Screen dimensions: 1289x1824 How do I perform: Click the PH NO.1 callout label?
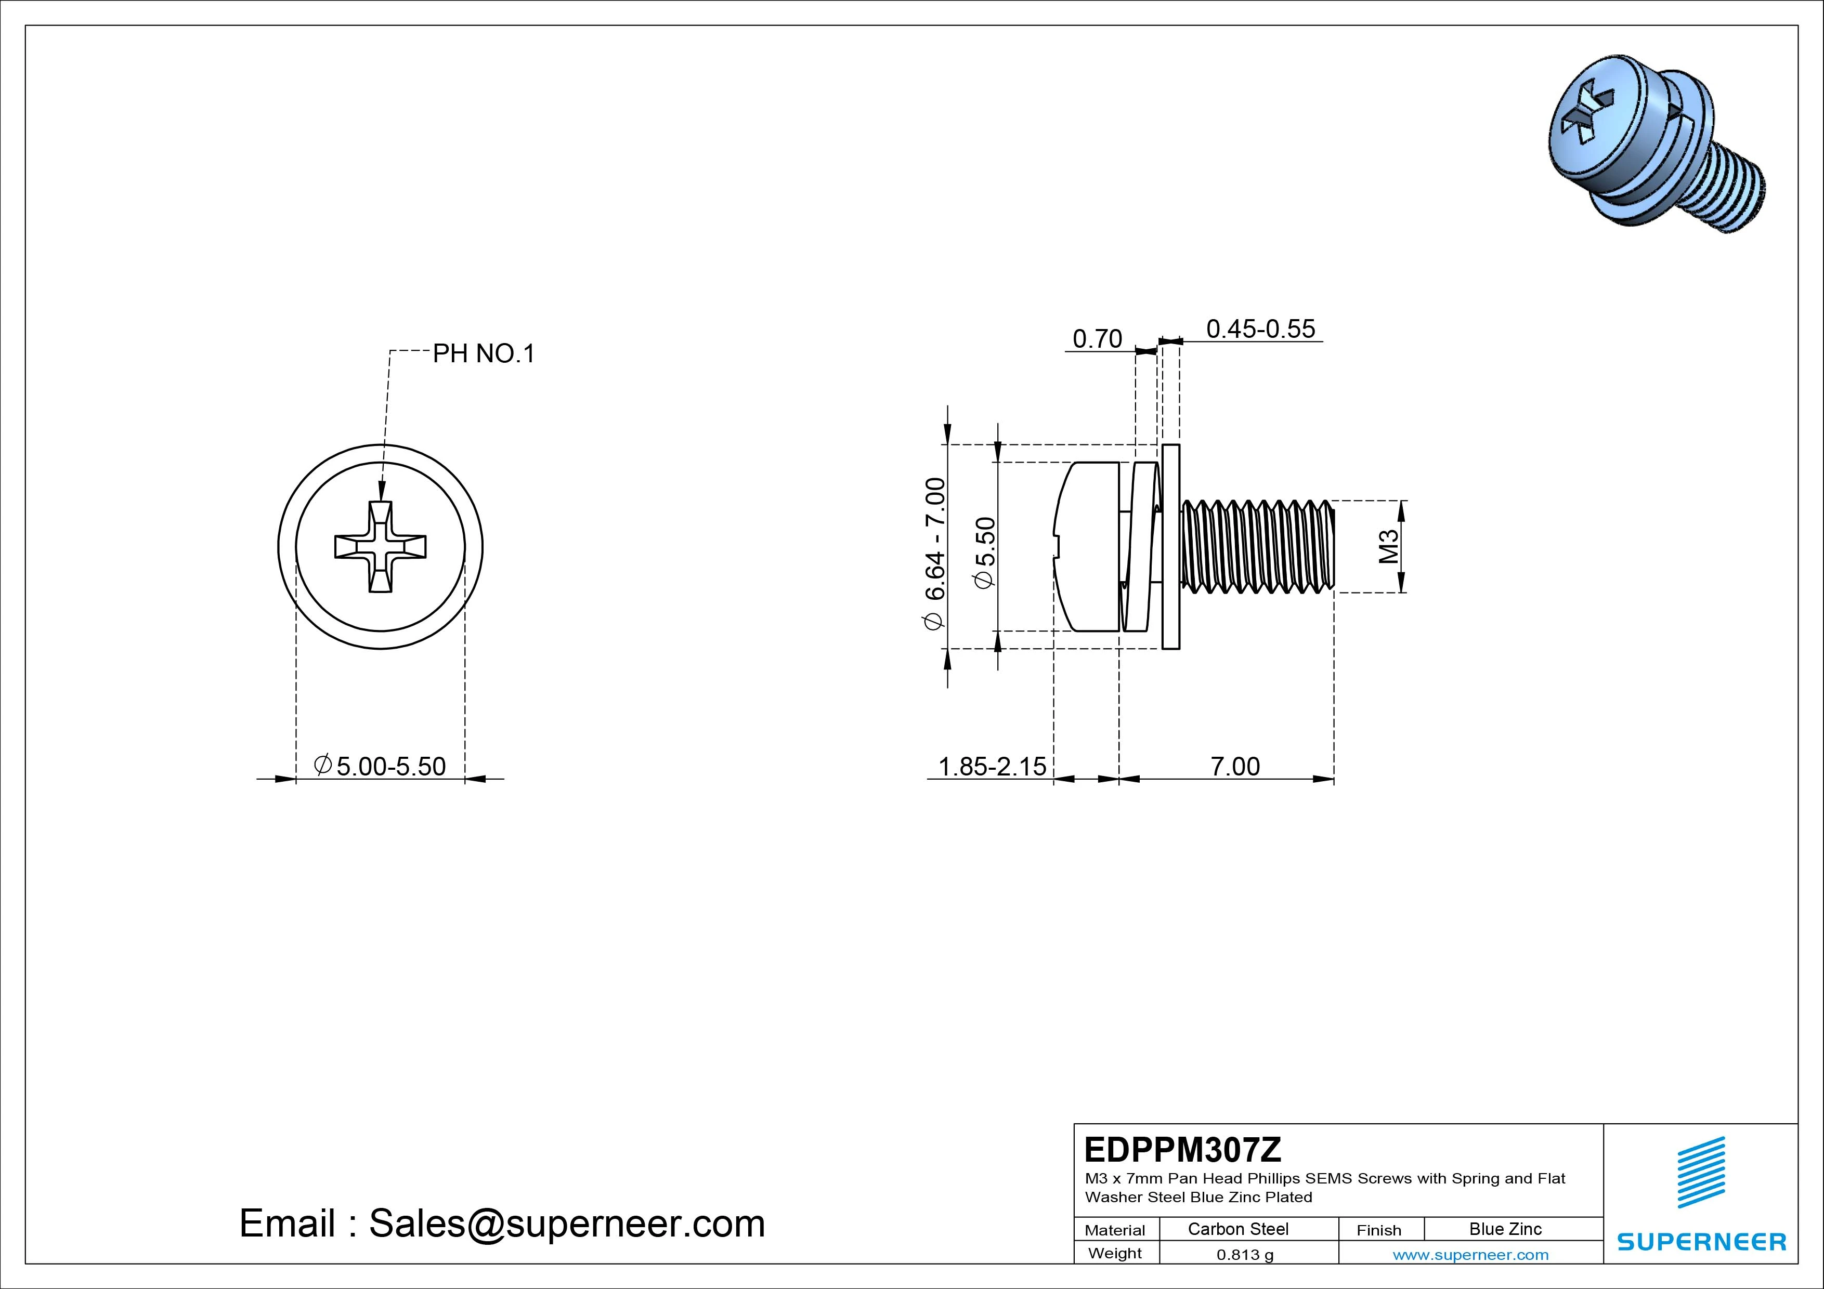(x=483, y=353)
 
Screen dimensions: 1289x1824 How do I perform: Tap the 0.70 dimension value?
(x=1097, y=339)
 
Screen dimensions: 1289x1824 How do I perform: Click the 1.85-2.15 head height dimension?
(x=992, y=767)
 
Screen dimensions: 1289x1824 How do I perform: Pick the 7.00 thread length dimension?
(x=1234, y=767)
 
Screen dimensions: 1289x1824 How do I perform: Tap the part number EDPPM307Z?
(x=1182, y=1149)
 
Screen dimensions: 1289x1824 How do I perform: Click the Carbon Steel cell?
(x=1237, y=1229)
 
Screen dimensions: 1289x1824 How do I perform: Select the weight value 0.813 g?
(x=1245, y=1255)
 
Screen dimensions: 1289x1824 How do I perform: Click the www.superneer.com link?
(x=1470, y=1255)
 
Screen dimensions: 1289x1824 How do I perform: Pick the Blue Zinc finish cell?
(x=1505, y=1229)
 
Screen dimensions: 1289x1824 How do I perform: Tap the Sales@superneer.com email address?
(x=566, y=1223)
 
